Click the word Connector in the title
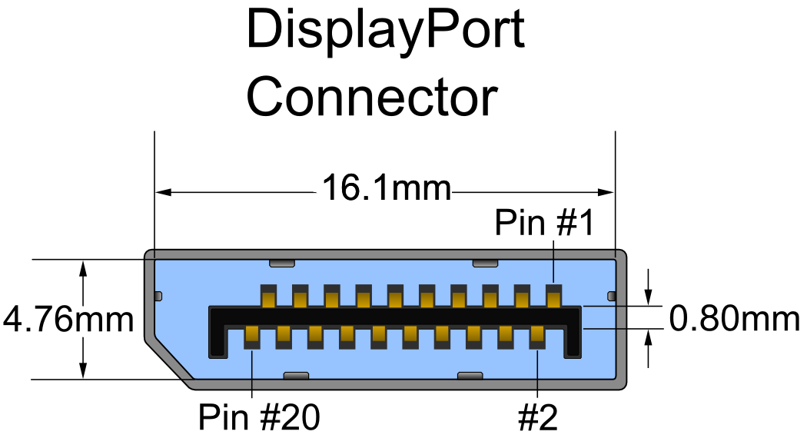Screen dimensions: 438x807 [x=372, y=98]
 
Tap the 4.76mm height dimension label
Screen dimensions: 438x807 [x=68, y=319]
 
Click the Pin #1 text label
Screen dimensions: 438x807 [x=544, y=223]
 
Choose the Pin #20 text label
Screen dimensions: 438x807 [x=258, y=418]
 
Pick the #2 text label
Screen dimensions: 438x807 [x=537, y=418]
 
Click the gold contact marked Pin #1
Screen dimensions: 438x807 [x=553, y=295]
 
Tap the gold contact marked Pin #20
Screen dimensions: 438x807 [x=252, y=336]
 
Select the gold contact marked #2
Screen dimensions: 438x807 [x=537, y=336]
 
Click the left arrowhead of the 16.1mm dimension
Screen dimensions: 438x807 [x=162, y=191]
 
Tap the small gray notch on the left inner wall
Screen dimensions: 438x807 [x=158, y=296]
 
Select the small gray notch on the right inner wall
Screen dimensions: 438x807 [x=612, y=296]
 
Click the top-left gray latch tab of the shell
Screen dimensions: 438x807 [x=282, y=264]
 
